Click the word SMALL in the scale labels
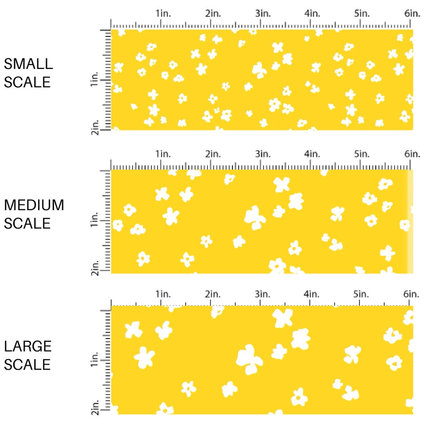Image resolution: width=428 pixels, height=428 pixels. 28,64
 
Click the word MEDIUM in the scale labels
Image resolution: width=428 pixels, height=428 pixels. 34,205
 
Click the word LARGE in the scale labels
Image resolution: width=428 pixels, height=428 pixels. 28,347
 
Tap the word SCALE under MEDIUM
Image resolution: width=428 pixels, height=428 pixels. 27,223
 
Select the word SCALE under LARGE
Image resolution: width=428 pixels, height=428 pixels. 27,365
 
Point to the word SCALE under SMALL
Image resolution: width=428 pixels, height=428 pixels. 27,82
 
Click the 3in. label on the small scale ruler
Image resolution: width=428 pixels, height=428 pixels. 262,14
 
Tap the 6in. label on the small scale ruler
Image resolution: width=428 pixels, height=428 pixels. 412,14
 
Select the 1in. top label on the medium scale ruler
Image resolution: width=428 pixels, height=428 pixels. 163,154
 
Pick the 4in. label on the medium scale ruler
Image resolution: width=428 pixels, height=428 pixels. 312,154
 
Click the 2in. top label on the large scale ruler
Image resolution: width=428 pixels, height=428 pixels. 213,294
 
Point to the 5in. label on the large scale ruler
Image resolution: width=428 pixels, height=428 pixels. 362,294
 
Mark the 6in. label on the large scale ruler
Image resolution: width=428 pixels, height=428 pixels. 412,294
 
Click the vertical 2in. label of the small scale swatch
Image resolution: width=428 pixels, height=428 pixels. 95,127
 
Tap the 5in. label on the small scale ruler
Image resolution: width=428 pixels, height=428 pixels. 362,14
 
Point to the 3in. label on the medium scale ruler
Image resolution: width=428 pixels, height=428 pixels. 262,154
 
